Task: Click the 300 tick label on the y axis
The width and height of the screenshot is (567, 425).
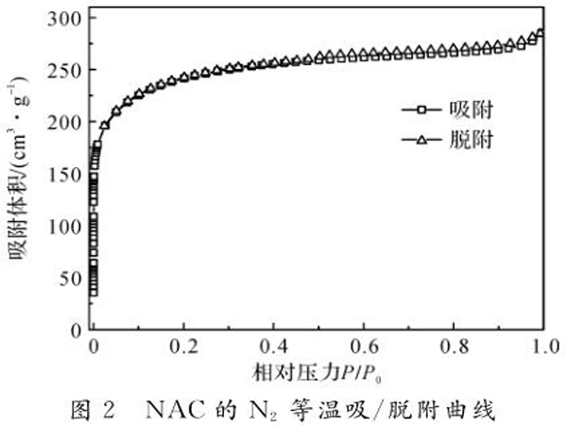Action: [63, 18]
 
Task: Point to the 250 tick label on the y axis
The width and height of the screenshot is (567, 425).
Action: [63, 70]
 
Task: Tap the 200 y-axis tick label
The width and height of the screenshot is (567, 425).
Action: [63, 122]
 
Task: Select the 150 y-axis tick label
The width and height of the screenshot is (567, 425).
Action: [63, 174]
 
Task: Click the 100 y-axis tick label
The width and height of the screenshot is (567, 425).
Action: [63, 226]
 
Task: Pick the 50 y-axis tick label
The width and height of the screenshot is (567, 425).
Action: [68, 278]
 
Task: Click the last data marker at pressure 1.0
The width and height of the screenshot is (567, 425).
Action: [541, 35]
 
